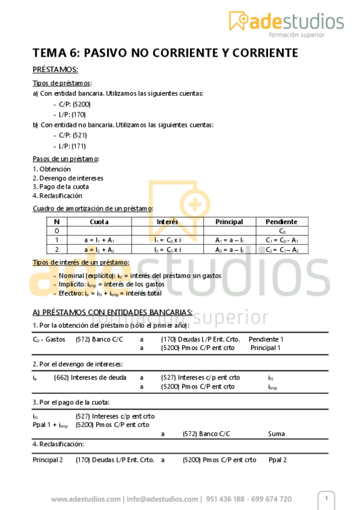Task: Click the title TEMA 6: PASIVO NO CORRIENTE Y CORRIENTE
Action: click(x=165, y=54)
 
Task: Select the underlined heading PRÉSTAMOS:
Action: click(x=55, y=70)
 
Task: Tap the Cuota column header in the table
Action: click(x=99, y=222)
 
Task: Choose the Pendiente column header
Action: click(x=281, y=222)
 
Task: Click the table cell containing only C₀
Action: click(x=281, y=231)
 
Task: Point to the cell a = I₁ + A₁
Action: click(x=99, y=240)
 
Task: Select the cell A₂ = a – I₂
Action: click(x=229, y=249)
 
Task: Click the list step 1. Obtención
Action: click(x=51, y=169)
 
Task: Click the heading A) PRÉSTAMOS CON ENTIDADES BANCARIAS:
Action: click(x=112, y=312)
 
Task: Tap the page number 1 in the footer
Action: click(x=326, y=499)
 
